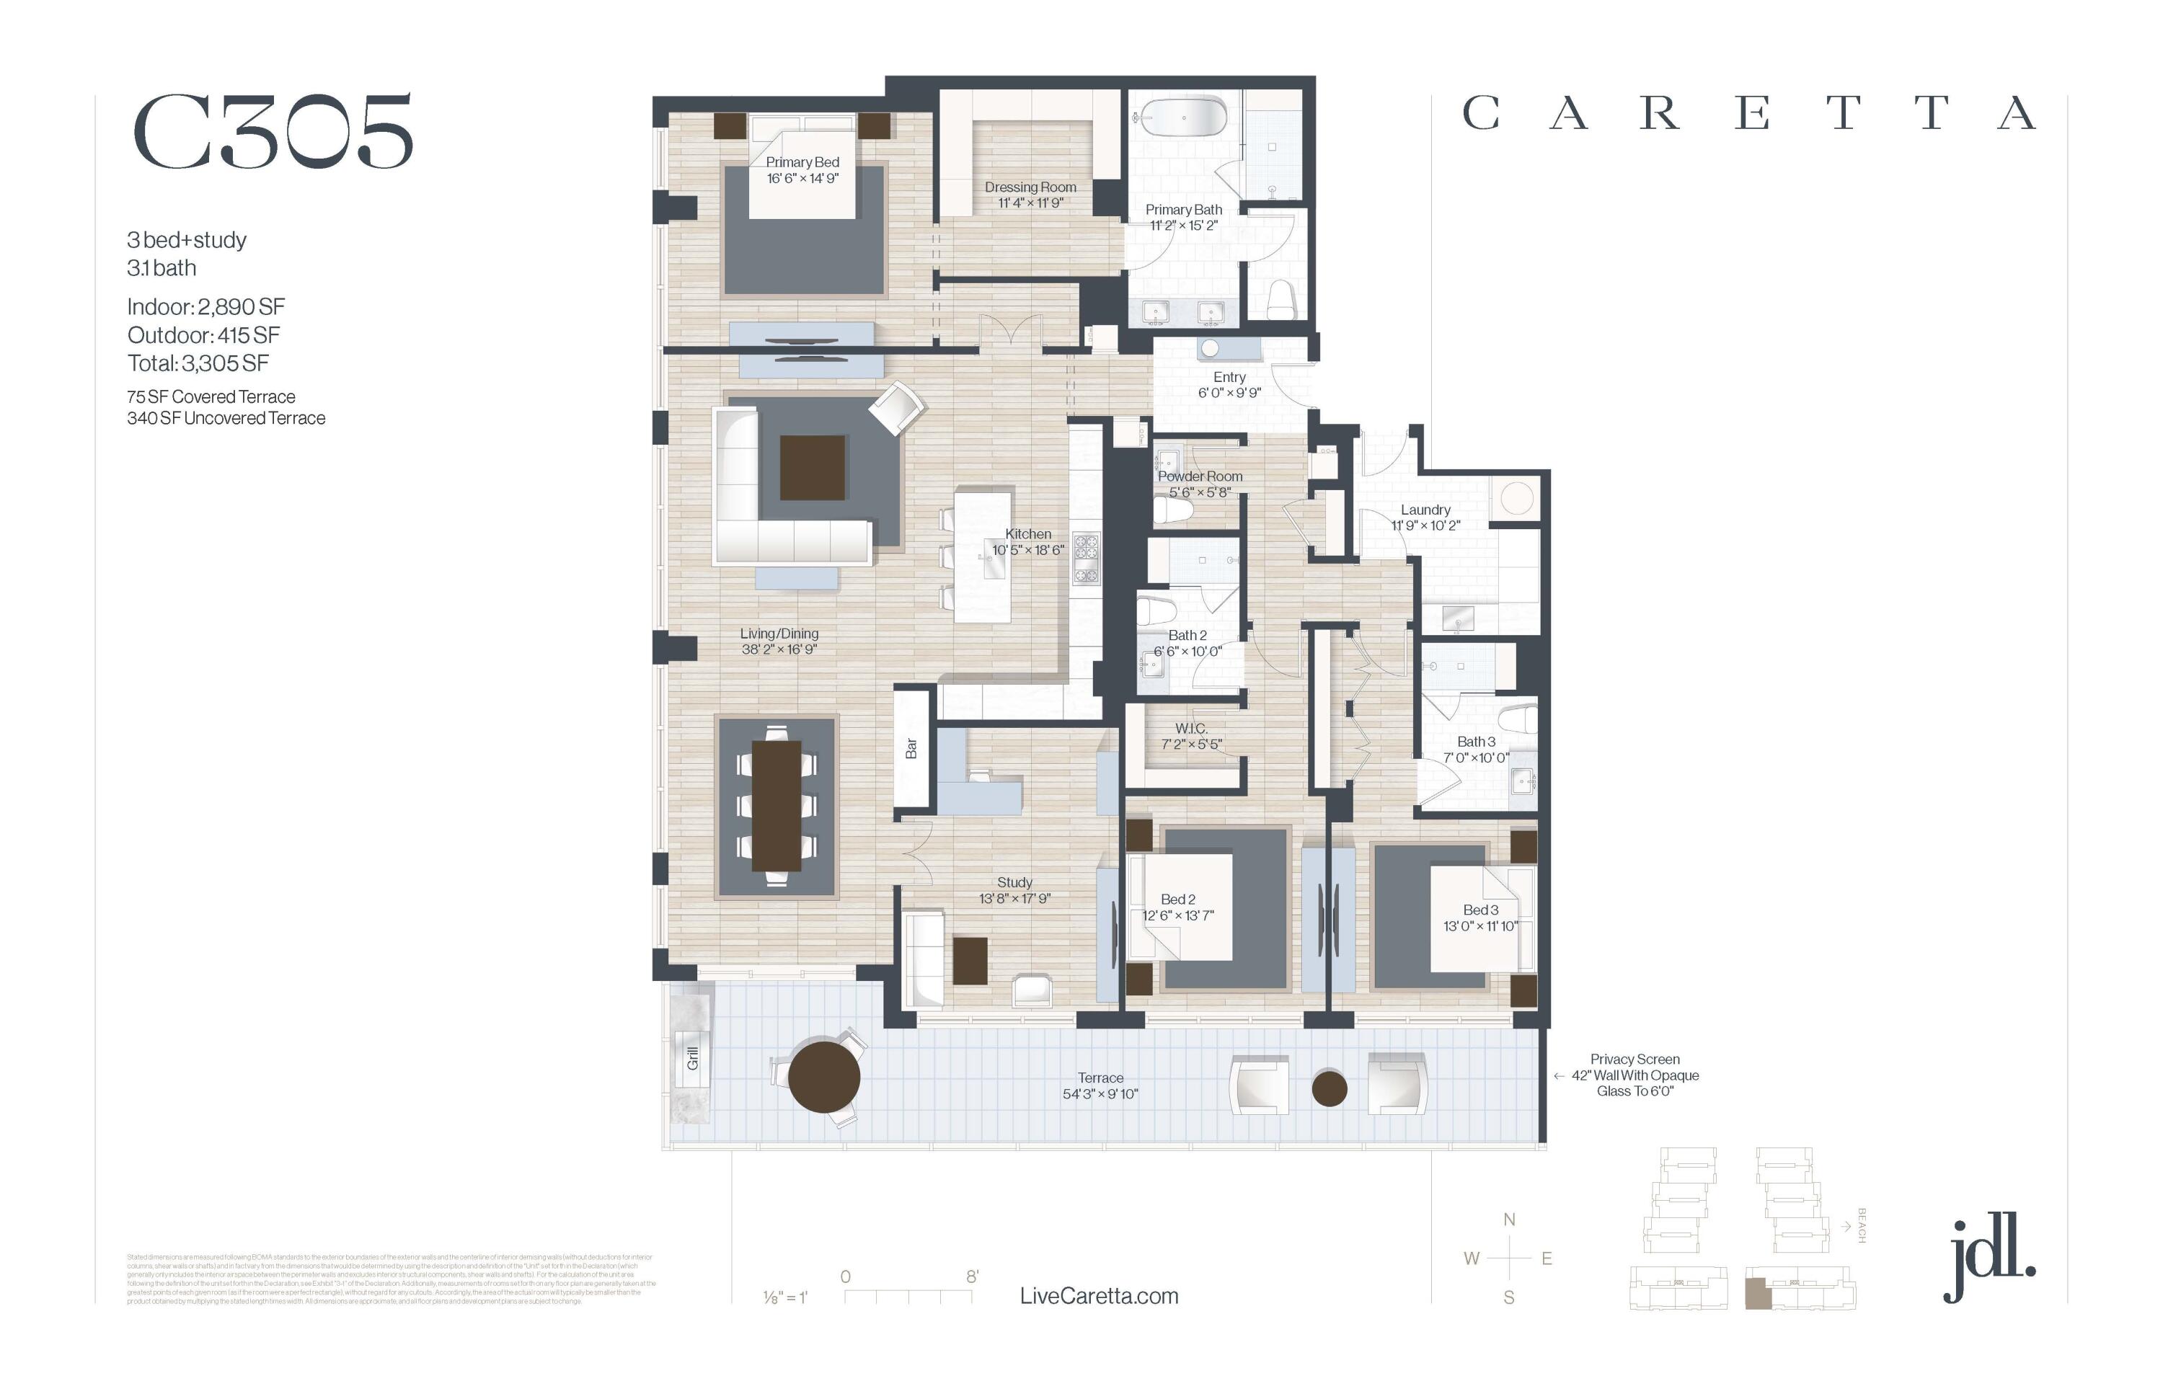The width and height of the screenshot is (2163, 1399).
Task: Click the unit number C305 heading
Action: (273, 133)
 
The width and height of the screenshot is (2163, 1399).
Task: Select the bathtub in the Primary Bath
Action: (1182, 117)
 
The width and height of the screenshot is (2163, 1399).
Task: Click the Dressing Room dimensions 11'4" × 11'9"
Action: (1030, 203)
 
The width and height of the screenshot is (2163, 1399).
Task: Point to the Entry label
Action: (1229, 377)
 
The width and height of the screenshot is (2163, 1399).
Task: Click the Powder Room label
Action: (1200, 476)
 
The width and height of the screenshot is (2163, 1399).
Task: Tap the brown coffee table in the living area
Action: (812, 468)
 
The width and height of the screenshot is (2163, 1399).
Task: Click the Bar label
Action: (911, 747)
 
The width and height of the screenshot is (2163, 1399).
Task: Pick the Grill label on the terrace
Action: (693, 1058)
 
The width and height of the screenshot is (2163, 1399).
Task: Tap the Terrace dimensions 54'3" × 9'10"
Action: (1100, 1095)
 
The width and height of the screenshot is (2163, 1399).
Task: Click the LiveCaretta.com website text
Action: (1099, 1297)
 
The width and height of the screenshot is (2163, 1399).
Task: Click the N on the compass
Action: (1508, 1220)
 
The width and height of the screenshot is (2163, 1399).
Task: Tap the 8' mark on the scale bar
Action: (971, 1276)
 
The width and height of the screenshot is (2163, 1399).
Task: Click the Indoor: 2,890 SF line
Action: (206, 307)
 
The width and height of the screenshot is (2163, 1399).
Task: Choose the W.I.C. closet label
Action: (1190, 729)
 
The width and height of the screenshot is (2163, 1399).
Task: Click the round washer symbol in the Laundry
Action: (1517, 498)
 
